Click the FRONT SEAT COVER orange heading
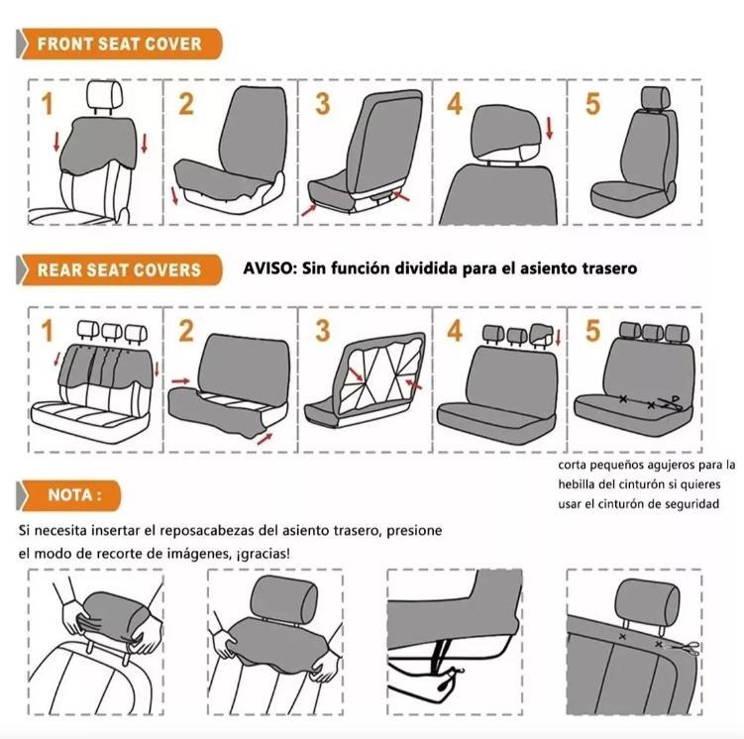(119, 44)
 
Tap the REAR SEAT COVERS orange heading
(119, 269)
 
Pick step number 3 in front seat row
(322, 103)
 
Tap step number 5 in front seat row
(592, 103)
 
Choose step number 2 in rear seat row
(186, 330)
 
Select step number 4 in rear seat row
(454, 330)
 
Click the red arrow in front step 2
(175, 194)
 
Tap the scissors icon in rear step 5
(675, 401)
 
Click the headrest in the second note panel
(283, 599)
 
